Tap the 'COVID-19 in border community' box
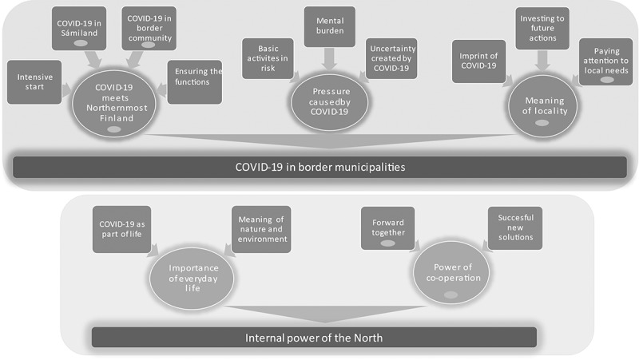pyautogui.click(x=149, y=29)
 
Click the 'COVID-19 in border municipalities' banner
pyautogui.click(x=319, y=167)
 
